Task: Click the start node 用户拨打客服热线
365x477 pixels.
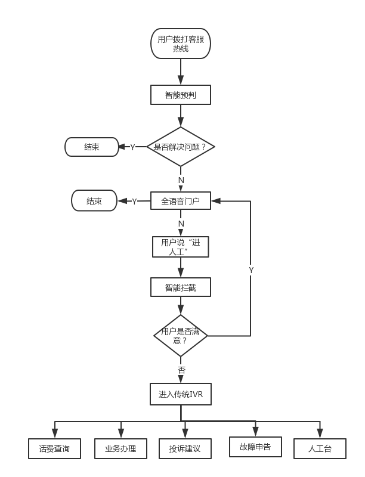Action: (x=181, y=44)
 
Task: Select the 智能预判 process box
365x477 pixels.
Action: (x=181, y=95)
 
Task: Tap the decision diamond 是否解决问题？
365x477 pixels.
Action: (x=180, y=147)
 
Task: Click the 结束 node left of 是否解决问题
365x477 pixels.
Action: (x=92, y=147)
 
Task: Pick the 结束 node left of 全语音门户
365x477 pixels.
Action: (x=94, y=201)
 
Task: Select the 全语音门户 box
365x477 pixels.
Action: (x=181, y=201)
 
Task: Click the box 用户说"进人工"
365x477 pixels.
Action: (x=181, y=247)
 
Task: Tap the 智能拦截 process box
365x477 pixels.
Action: (x=181, y=287)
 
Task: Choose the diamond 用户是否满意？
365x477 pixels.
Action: (x=180, y=336)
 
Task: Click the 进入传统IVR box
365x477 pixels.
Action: (x=181, y=394)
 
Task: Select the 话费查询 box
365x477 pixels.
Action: (x=54, y=448)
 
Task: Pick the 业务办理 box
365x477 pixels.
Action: (x=121, y=448)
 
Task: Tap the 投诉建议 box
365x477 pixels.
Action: (x=185, y=448)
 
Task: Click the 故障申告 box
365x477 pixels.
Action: (x=255, y=447)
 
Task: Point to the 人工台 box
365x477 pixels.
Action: (x=320, y=448)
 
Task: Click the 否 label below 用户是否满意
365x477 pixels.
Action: (x=181, y=370)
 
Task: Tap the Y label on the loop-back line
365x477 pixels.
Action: (x=251, y=270)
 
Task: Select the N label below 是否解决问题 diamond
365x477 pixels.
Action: (x=181, y=179)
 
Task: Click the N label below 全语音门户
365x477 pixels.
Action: (x=181, y=224)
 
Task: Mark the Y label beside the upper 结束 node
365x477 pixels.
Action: (x=132, y=147)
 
